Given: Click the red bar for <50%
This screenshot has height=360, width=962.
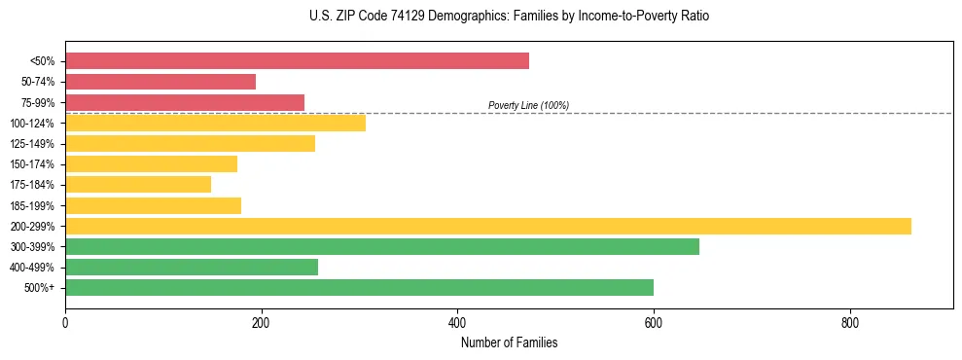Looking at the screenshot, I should pyautogui.click(x=297, y=61).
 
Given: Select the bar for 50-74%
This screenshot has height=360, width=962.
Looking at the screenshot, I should pyautogui.click(x=160, y=82).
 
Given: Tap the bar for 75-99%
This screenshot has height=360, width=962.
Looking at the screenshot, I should pyautogui.click(x=185, y=102).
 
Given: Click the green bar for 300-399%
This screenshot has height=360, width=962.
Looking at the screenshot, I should pyautogui.click(x=382, y=247).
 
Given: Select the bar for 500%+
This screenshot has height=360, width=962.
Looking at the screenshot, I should pyautogui.click(x=359, y=288).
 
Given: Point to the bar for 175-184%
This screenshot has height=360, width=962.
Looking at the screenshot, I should pyautogui.click(x=138, y=185).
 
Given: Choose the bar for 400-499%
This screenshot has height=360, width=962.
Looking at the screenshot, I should pyautogui.click(x=192, y=268).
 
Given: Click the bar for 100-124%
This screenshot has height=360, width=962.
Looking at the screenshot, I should pyautogui.click(x=215, y=123).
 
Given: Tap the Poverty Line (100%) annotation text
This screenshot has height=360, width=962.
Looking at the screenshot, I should pyautogui.click(x=528, y=105).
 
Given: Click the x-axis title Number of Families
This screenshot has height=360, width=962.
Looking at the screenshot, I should pyautogui.click(x=509, y=342).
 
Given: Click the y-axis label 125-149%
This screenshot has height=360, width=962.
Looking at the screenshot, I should pyautogui.click(x=32, y=144).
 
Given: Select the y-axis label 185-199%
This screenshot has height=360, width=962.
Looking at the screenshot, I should pyautogui.click(x=32, y=206).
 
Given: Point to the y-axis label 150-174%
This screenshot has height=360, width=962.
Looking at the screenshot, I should pyautogui.click(x=32, y=164).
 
